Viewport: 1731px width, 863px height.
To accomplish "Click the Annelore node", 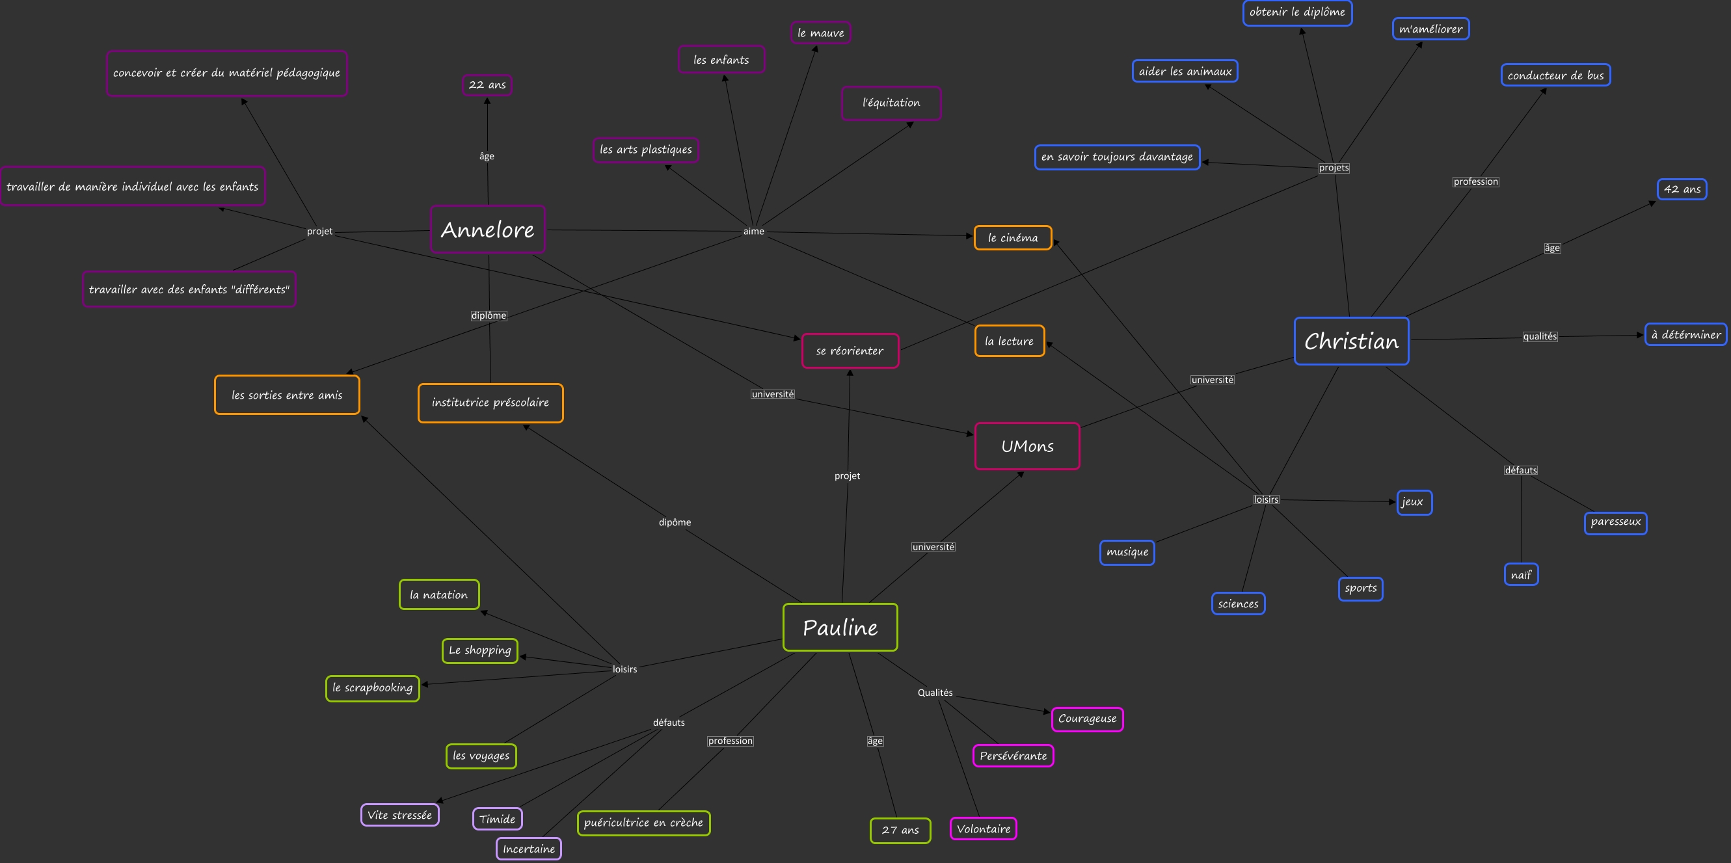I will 487,230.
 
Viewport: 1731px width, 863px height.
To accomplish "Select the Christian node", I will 1350,341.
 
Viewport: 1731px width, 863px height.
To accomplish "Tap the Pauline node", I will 840,628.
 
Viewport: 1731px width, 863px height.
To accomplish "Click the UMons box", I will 1027,446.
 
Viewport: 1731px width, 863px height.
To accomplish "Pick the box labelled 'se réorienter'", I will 850,351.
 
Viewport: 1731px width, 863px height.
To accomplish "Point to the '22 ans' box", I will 487,85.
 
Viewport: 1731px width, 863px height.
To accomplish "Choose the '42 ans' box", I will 1682,189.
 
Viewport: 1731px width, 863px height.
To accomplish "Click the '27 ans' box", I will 900,830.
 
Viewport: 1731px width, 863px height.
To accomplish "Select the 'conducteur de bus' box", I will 1555,75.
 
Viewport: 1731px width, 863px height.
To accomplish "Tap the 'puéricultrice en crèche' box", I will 643,823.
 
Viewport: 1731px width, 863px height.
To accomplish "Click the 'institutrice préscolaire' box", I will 490,403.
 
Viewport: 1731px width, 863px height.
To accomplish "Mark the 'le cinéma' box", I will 1013,238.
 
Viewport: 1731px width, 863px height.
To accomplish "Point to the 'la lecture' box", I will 1010,341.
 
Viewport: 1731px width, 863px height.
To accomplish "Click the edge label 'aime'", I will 753,231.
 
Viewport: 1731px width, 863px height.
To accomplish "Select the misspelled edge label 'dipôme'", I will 675,522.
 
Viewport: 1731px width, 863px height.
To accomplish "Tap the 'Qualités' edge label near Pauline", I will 935,693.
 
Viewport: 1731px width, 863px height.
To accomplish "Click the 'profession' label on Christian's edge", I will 1475,181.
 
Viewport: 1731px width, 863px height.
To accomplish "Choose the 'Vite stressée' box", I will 399,815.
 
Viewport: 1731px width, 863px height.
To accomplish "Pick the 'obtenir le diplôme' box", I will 1297,12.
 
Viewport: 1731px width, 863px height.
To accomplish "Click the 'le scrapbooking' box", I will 372,687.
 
